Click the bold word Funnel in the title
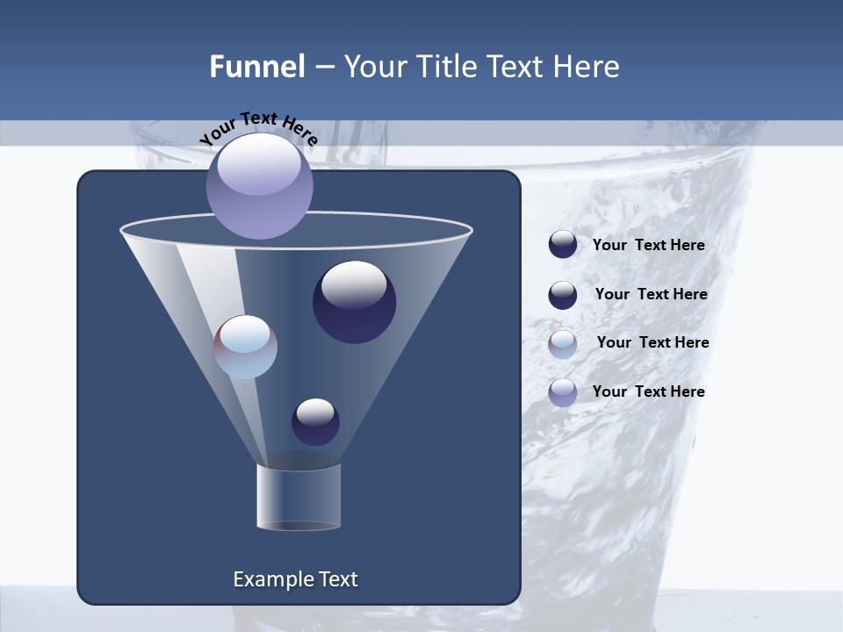[257, 67]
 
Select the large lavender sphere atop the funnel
[260, 185]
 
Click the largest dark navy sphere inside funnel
[355, 302]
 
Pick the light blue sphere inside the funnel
[246, 347]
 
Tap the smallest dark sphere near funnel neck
[315, 422]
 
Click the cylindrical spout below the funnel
[298, 497]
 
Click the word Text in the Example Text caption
[337, 579]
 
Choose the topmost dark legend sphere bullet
[563, 245]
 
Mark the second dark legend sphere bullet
[563, 295]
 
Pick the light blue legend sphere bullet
[563, 344]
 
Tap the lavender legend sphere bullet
[563, 392]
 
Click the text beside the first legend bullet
[648, 245]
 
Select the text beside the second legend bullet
[651, 294]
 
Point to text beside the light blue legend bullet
[652, 342]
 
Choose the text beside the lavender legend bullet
[648, 391]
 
